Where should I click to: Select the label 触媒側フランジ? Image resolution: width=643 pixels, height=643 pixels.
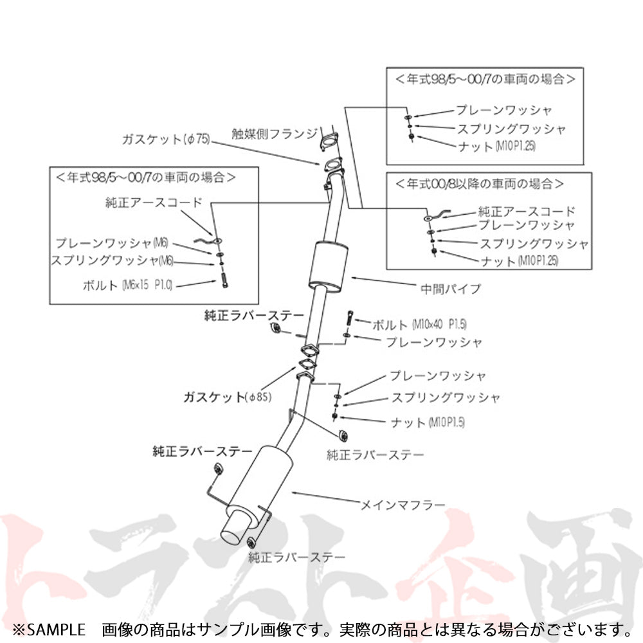(x=275, y=134)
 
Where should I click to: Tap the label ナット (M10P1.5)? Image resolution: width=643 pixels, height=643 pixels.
(x=427, y=422)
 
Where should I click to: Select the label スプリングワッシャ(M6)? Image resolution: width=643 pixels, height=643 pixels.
(x=113, y=260)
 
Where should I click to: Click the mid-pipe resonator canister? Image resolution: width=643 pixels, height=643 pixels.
(x=327, y=267)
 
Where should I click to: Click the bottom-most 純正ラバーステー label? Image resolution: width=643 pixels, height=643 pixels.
(x=296, y=557)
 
